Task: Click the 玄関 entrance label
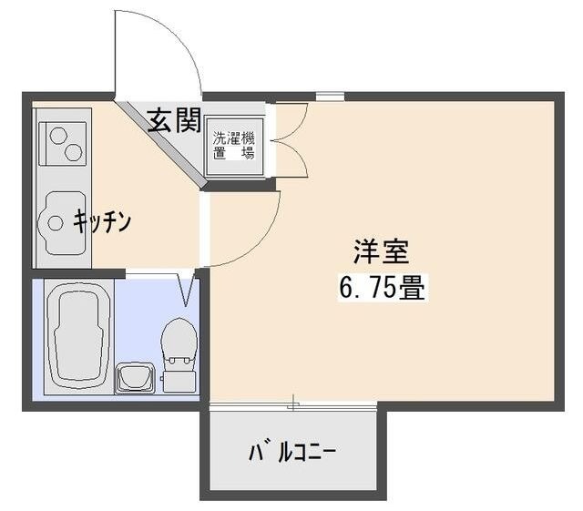174,120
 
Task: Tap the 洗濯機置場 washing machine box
235,145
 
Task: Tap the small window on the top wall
330,96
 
